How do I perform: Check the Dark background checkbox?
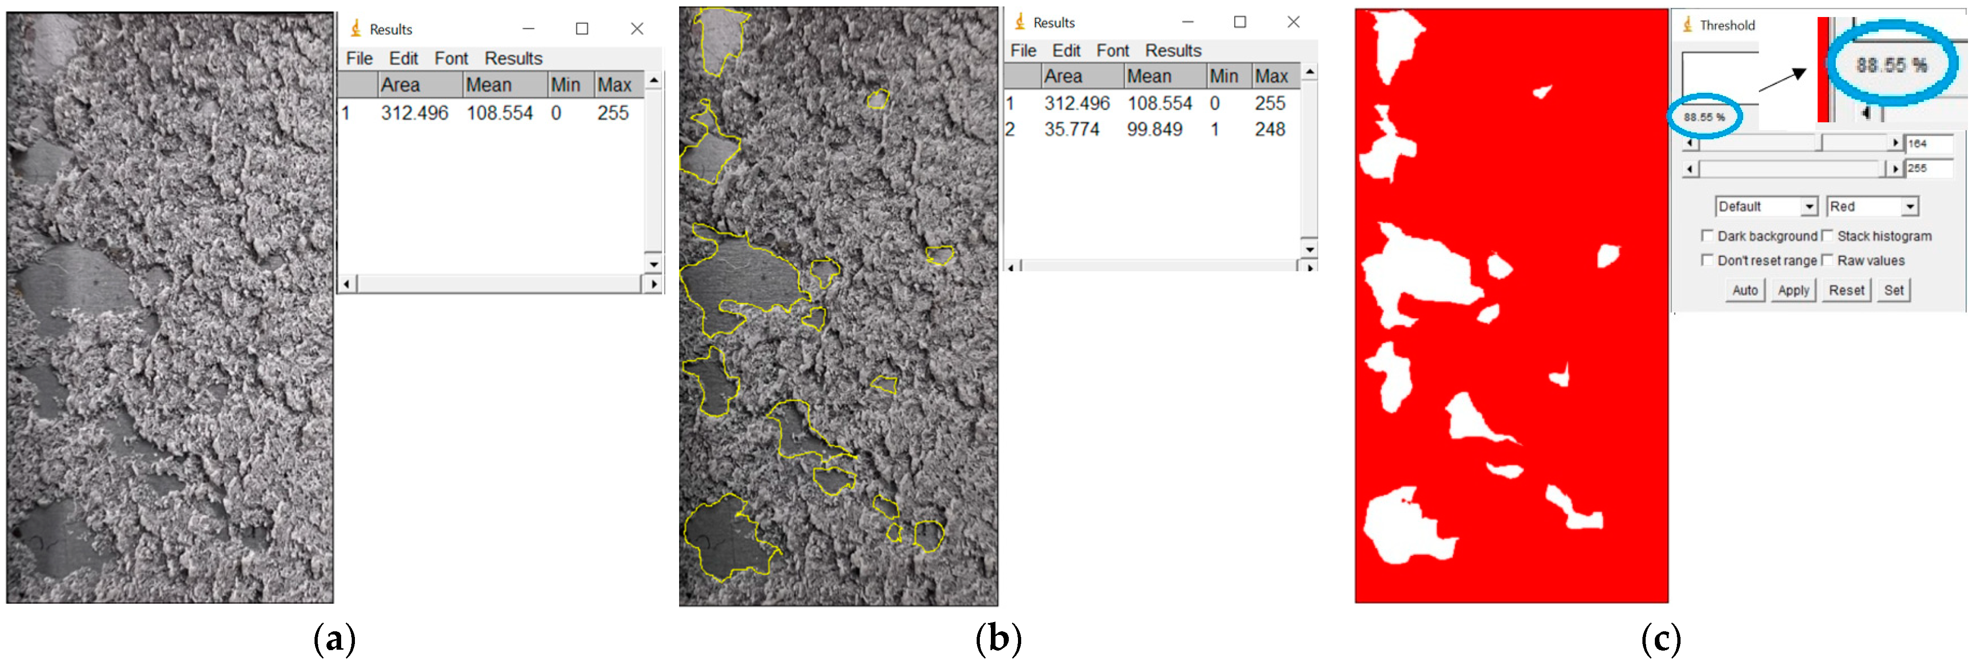[x=1707, y=236]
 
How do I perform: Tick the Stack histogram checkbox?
[x=1827, y=236]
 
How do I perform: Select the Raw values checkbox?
[x=1827, y=261]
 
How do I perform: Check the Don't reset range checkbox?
[x=1707, y=261]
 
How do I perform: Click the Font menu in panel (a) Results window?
[x=451, y=58]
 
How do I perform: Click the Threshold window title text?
[x=1727, y=25]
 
